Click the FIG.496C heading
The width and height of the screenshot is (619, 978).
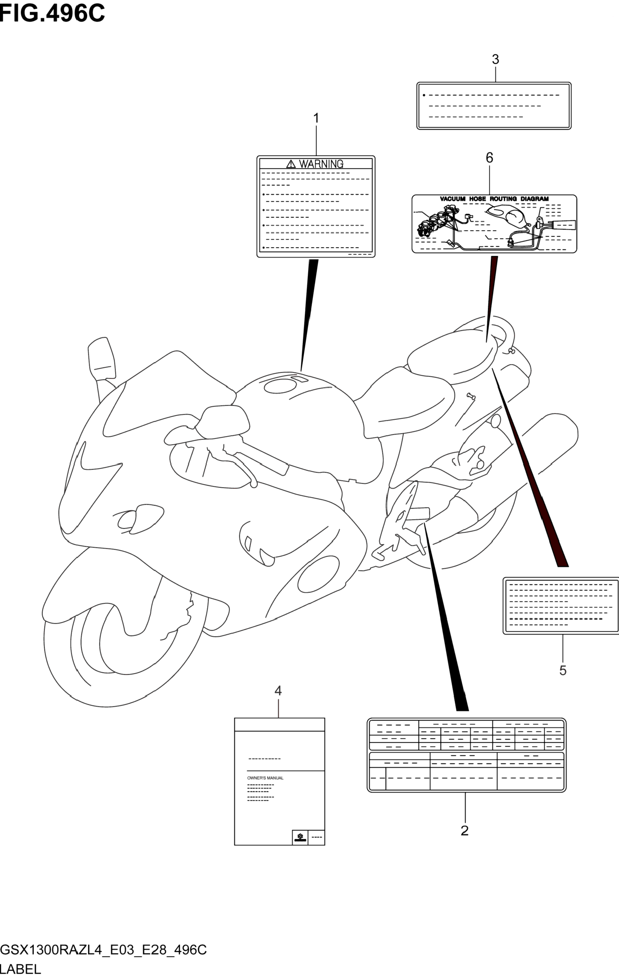(x=52, y=13)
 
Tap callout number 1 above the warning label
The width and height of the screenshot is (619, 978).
(x=316, y=118)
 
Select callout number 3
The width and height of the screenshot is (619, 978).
(x=495, y=60)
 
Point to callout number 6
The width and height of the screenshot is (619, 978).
(x=489, y=157)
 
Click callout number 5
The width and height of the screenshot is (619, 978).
(x=563, y=670)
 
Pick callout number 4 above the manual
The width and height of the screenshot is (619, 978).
(x=278, y=690)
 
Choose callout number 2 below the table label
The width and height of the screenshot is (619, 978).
(x=465, y=830)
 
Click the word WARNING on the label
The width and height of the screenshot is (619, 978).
(x=321, y=164)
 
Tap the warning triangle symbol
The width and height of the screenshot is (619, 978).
(x=291, y=164)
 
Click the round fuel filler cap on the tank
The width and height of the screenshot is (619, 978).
(x=280, y=386)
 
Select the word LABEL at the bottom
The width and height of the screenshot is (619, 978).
(x=21, y=969)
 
